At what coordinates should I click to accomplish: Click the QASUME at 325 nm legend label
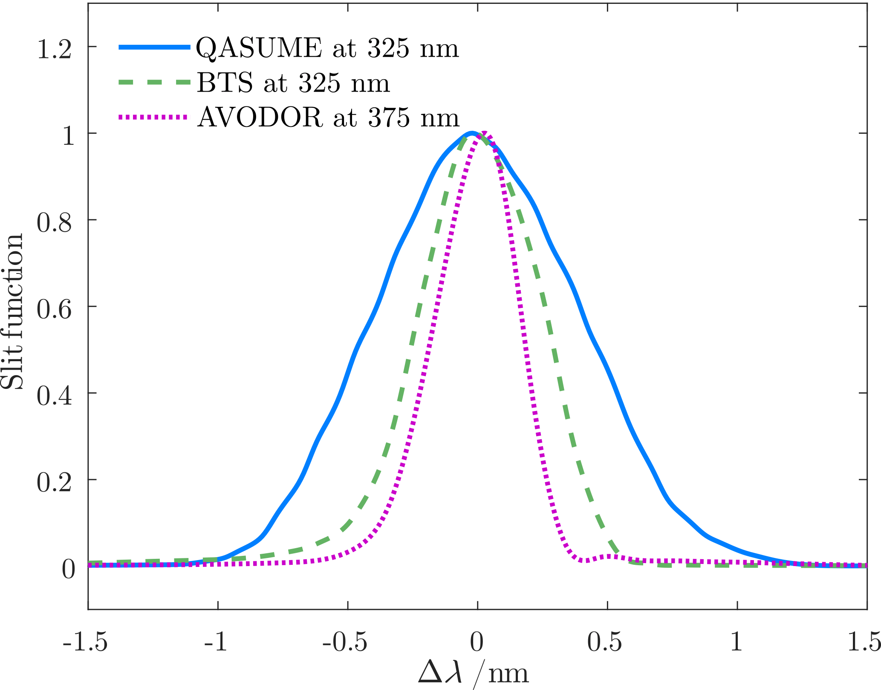[x=327, y=48]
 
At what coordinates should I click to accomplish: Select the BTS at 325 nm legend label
[x=293, y=83]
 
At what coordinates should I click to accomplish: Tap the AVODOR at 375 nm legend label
[x=328, y=118]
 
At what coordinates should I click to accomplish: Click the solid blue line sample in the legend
[x=153, y=48]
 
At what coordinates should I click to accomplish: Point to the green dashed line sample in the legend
[x=153, y=83]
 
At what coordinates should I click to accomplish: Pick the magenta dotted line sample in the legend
[x=153, y=117]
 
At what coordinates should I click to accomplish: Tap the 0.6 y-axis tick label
[x=54, y=309]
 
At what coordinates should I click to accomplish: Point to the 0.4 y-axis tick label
[x=54, y=396]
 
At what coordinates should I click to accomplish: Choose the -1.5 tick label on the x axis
[x=85, y=641]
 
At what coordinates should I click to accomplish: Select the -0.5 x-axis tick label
[x=345, y=641]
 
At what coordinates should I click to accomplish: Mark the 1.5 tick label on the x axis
[x=864, y=641]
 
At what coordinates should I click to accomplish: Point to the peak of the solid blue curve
[x=471, y=134]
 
